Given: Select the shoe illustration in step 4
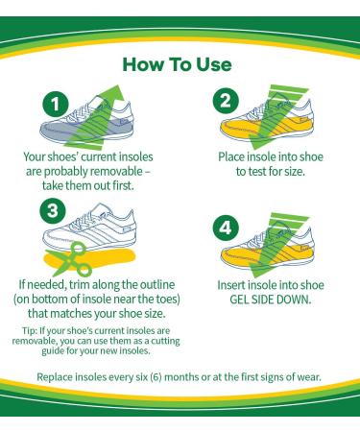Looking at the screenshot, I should [274, 254].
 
